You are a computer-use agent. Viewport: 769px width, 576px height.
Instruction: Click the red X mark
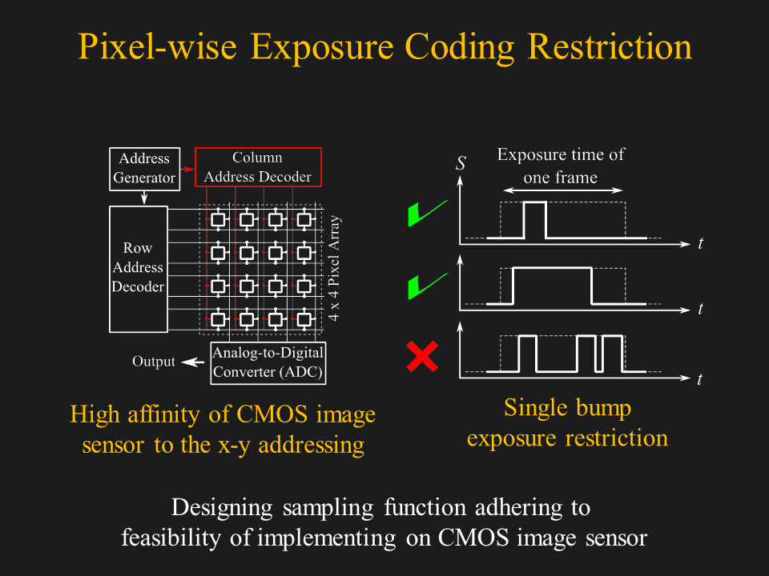421,357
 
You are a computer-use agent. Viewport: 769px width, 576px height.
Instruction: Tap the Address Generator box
143,169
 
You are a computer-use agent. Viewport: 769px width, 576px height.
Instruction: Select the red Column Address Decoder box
257,167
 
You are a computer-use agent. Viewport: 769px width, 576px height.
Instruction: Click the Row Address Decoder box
138,268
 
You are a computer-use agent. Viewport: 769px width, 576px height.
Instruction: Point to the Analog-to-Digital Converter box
268,362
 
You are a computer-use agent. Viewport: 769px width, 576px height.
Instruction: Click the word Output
153,362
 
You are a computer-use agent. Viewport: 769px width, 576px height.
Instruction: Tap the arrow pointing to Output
192,362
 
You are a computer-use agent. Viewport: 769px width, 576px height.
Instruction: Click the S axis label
461,164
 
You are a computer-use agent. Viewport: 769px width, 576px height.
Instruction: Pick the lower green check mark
425,284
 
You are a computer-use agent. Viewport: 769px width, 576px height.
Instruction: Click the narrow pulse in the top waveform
534,220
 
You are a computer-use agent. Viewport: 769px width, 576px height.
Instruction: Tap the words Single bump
567,408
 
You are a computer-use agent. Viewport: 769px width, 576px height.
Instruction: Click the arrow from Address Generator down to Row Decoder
143,198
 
